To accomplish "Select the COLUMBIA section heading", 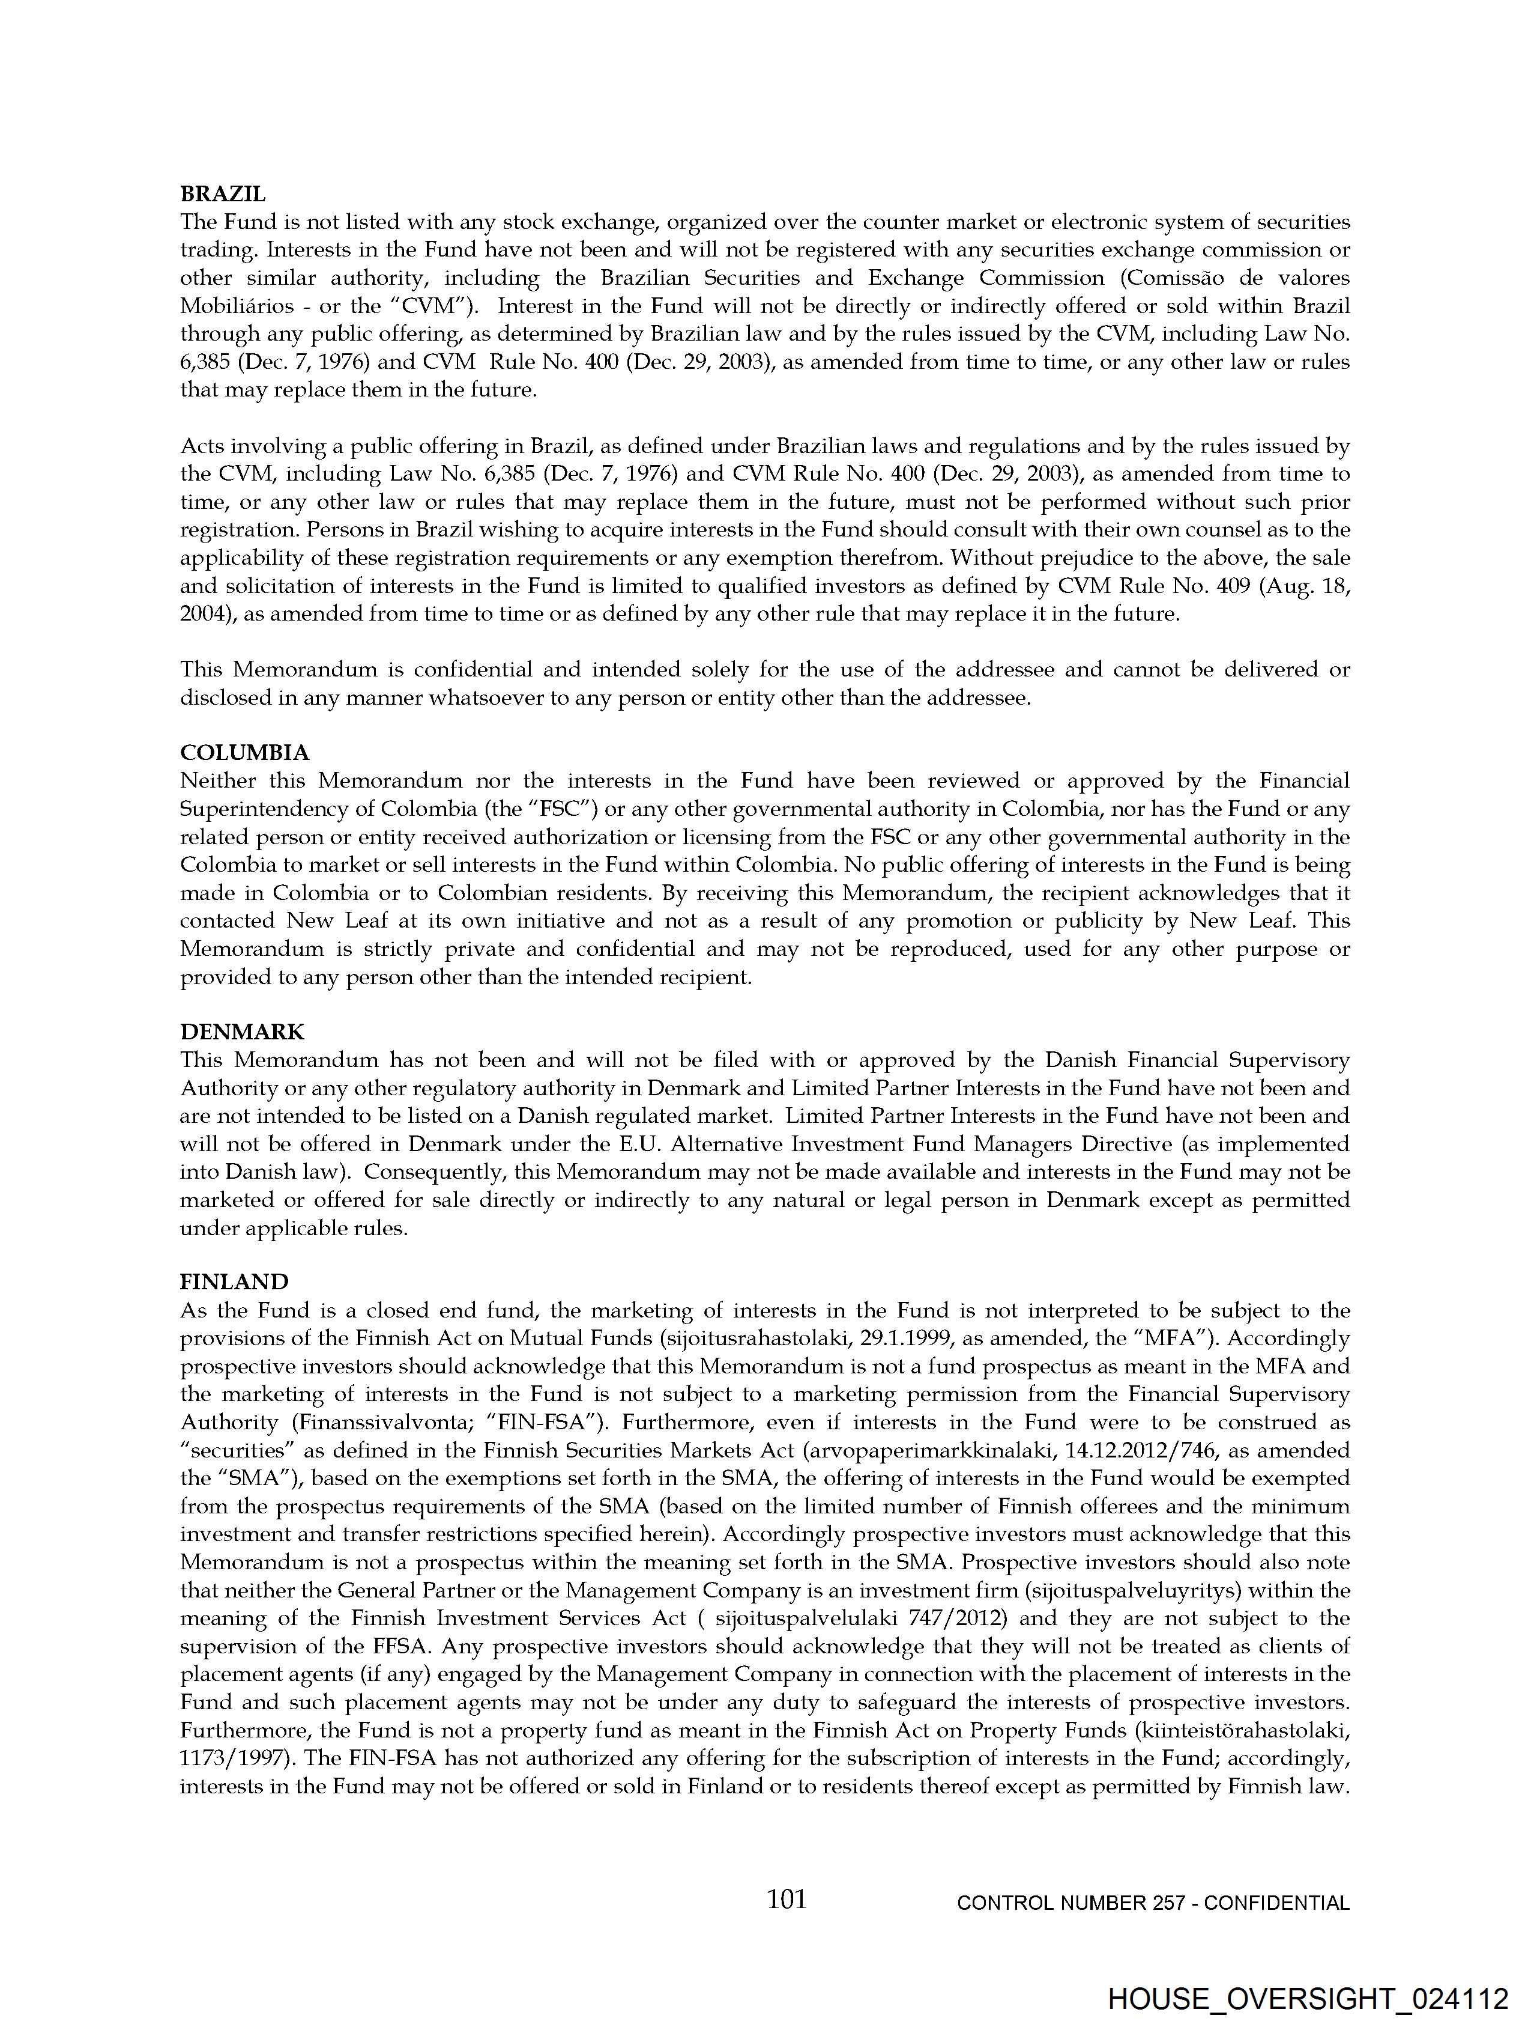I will (x=244, y=752).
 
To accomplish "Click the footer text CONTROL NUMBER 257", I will (x=1070, y=1903).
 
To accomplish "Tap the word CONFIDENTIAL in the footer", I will (x=1277, y=1903).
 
